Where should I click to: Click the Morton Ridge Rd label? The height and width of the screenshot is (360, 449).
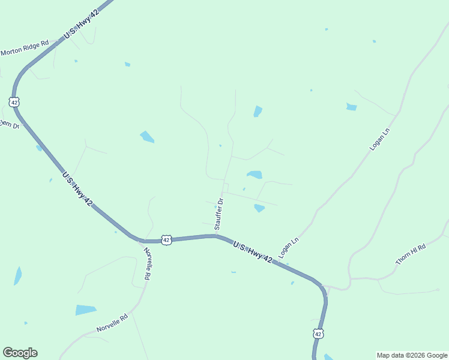click(24, 48)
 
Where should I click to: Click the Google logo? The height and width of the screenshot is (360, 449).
click(20, 353)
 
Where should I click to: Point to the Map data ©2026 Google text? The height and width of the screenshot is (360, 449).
click(412, 355)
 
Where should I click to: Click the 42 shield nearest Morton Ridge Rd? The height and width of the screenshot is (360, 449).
click(14, 101)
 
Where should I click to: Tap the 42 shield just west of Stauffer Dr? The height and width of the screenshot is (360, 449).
click(167, 239)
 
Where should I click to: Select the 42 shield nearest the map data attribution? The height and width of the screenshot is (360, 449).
click(318, 333)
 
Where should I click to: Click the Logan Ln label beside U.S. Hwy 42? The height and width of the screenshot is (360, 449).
click(289, 247)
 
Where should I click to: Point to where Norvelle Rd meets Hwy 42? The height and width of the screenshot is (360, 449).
click(140, 241)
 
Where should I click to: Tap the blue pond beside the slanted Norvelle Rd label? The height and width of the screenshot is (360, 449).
click(85, 310)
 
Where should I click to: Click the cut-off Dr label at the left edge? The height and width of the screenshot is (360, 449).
click(10, 124)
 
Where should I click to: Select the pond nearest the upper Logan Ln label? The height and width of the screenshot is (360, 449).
click(352, 107)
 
